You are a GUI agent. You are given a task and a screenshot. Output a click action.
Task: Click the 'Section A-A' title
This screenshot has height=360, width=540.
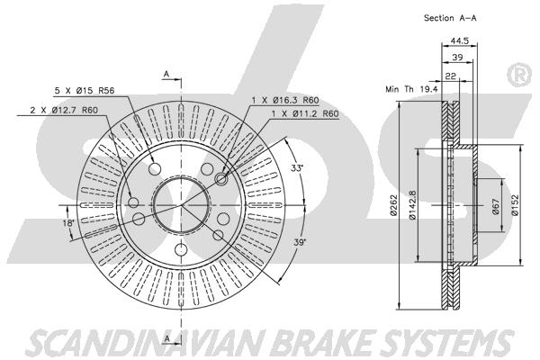point(450,18)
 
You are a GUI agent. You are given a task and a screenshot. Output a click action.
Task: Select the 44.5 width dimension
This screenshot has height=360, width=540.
point(460,40)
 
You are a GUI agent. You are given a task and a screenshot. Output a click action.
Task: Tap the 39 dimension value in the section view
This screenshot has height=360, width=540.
point(457,58)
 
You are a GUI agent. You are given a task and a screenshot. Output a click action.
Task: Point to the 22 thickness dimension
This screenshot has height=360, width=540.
point(451,76)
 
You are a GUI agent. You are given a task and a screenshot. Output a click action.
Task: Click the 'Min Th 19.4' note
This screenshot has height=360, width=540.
point(411,89)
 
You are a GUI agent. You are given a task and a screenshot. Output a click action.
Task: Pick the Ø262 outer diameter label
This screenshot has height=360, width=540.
point(394,205)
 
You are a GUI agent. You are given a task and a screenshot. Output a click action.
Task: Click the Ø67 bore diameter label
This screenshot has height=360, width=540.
point(496,206)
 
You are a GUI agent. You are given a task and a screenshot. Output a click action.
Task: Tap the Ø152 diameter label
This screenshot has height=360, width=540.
point(515,205)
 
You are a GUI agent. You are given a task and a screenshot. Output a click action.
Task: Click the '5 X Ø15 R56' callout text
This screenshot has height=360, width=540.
point(85,91)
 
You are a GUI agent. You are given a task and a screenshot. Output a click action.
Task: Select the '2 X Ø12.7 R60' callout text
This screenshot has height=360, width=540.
point(64,110)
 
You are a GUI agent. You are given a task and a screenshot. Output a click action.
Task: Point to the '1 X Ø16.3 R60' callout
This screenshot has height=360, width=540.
point(286,100)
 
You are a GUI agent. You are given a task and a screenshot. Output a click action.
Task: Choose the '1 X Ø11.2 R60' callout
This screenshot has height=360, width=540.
point(305,113)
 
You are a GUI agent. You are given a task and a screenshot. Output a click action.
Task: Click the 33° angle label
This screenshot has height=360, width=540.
point(297,168)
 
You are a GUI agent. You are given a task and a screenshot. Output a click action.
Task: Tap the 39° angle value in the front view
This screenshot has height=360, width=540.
point(300,242)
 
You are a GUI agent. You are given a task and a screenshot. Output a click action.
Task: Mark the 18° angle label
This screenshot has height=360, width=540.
point(68,223)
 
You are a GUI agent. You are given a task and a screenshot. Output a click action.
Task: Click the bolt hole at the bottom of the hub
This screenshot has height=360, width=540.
point(180,248)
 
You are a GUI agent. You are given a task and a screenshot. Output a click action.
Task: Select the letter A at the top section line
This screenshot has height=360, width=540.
point(166,74)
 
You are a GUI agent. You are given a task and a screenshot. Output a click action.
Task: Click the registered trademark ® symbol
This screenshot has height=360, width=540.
point(522,76)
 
